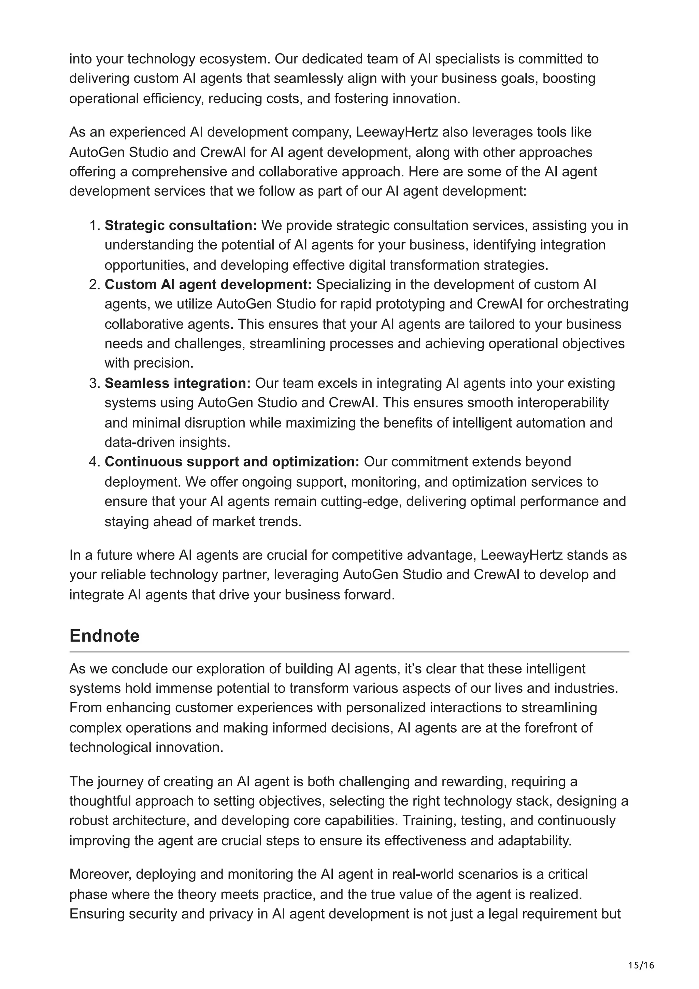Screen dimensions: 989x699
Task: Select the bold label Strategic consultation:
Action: pos(181,225)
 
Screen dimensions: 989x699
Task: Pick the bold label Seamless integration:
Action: pos(177,383)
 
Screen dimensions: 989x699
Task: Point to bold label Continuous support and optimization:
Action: pos(232,461)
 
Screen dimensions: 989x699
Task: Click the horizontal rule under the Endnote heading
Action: pos(349,652)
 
